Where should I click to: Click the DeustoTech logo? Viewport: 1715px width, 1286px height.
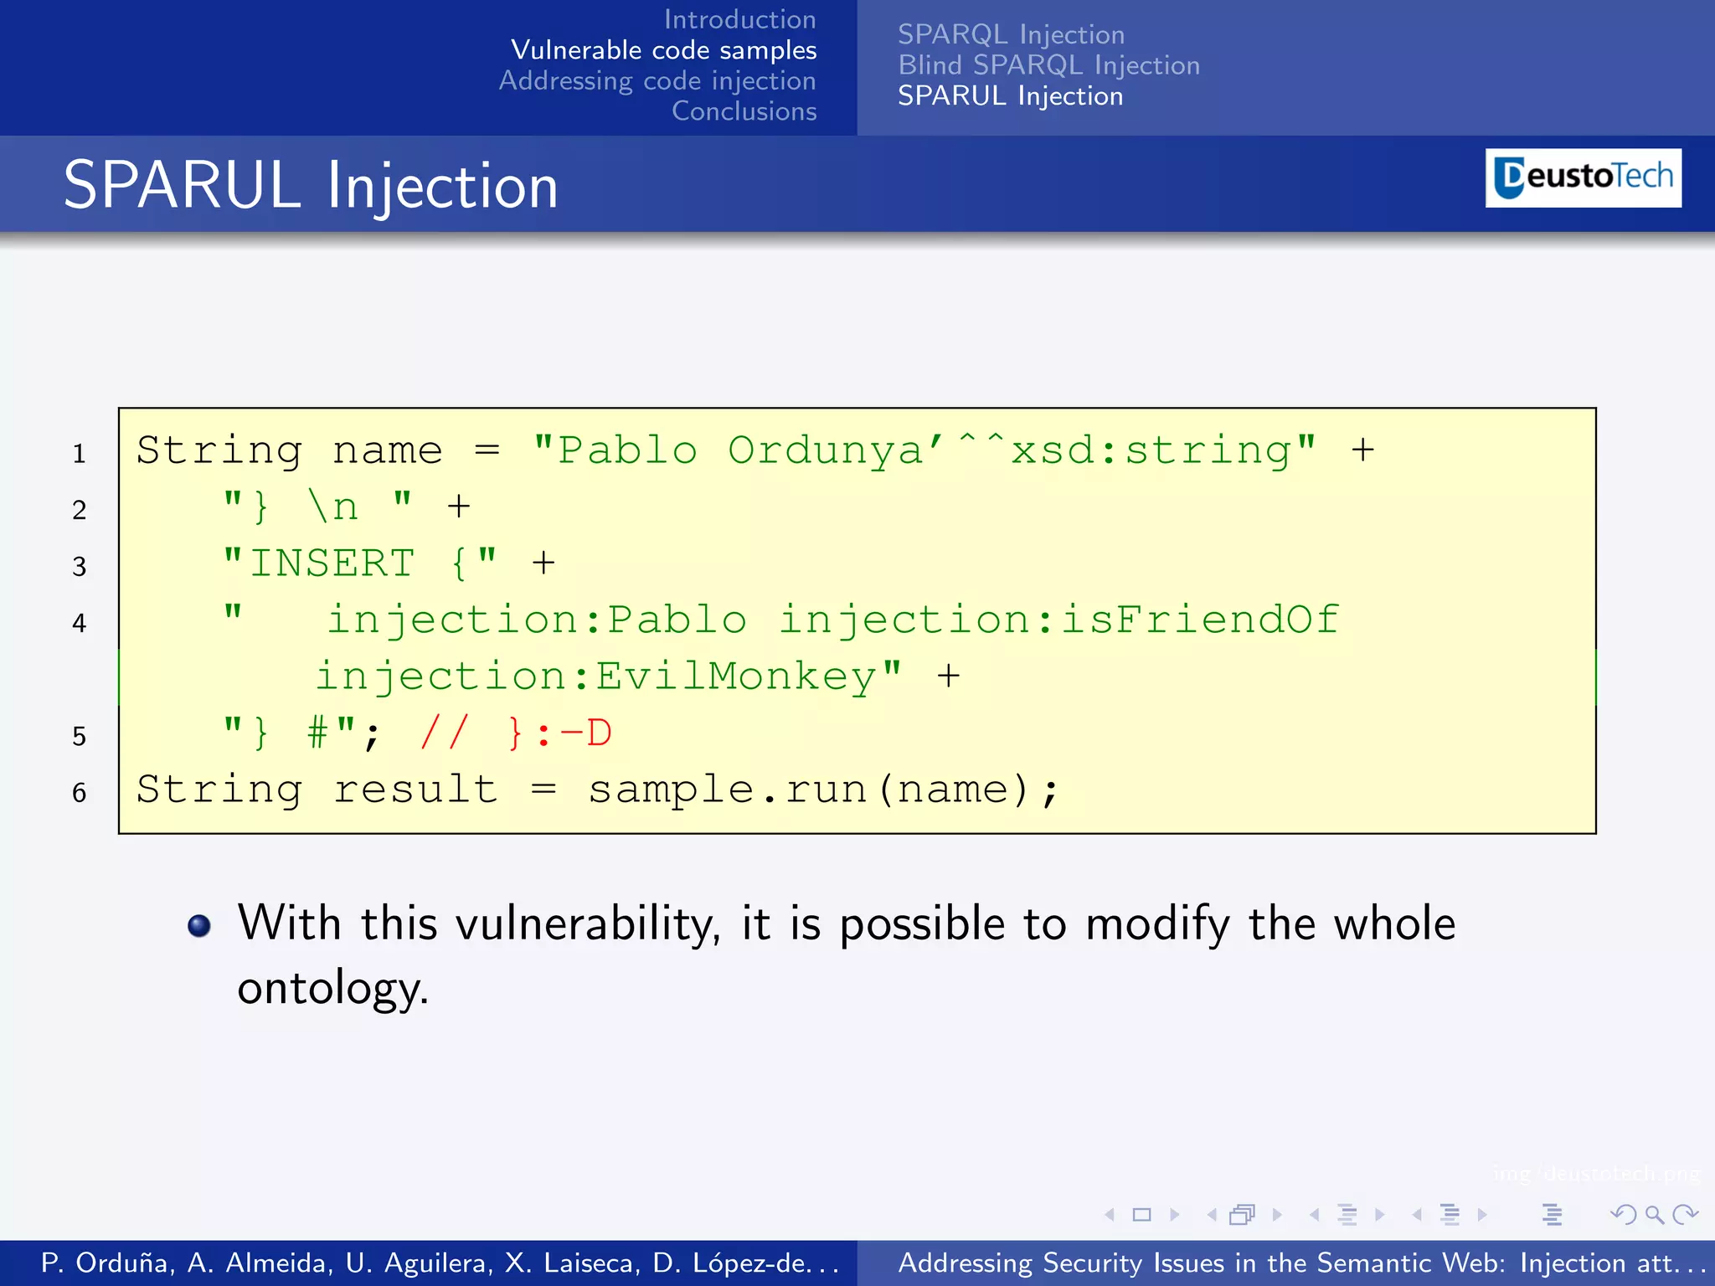click(x=1583, y=177)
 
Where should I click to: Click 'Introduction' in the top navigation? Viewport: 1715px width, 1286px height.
click(x=739, y=19)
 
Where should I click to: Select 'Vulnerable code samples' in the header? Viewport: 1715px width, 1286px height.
click(x=663, y=50)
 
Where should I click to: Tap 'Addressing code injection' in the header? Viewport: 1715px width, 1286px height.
click(x=657, y=81)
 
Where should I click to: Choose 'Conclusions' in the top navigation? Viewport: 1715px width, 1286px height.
click(x=744, y=111)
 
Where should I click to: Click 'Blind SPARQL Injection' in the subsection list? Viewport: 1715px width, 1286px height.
click(x=1048, y=65)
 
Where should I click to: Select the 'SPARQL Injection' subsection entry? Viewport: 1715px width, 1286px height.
click(x=1011, y=34)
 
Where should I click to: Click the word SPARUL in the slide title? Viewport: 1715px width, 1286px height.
click(x=182, y=186)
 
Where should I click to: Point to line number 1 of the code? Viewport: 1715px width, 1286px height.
click(x=80, y=454)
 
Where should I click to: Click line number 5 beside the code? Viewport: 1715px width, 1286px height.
click(x=80, y=737)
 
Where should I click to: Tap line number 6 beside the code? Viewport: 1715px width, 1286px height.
click(x=80, y=793)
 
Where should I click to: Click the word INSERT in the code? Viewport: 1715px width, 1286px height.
click(x=332, y=563)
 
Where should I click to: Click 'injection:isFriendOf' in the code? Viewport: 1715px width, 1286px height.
click(x=1058, y=620)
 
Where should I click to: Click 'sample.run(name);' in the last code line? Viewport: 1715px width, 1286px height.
click(x=823, y=790)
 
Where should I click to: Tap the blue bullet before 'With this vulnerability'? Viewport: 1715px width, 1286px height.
click(x=199, y=925)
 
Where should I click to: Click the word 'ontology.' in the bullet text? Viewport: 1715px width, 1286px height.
click(x=332, y=988)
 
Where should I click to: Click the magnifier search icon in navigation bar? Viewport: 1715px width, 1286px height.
click(x=1654, y=1214)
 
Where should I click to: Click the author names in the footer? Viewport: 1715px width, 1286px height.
click(x=440, y=1263)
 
